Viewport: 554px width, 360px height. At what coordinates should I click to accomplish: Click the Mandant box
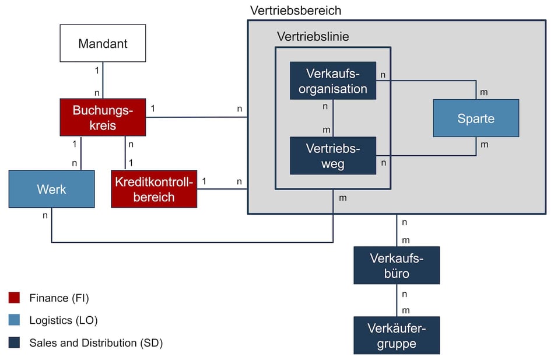[103, 43]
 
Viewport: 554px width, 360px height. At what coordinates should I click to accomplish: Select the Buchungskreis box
[103, 117]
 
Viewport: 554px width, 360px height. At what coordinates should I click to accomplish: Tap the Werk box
[51, 189]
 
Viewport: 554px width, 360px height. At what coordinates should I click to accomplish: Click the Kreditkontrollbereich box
[154, 189]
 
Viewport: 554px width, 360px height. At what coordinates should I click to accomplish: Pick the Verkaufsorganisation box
[333, 81]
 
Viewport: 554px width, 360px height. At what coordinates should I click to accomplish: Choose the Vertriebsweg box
[333, 156]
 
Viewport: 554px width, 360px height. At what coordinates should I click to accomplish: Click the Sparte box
[475, 118]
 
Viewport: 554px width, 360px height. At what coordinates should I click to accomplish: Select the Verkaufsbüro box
[397, 265]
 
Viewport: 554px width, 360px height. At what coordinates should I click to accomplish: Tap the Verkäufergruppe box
[397, 335]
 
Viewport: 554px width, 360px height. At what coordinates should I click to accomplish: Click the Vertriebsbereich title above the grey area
[295, 11]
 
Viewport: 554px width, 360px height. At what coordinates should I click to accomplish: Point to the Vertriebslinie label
[313, 37]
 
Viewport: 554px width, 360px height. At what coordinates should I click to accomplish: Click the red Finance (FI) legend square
[15, 298]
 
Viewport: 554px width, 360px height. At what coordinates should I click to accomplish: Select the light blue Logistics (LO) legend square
[15, 320]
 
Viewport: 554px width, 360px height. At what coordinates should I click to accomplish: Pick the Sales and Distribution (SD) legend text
[96, 343]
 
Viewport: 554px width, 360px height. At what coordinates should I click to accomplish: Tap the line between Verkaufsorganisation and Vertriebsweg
[333, 118]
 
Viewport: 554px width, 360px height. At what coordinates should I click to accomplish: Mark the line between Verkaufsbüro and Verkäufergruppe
[397, 301]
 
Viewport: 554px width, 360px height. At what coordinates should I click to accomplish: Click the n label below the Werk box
[45, 215]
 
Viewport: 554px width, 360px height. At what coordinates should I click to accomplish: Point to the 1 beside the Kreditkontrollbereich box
[204, 181]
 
